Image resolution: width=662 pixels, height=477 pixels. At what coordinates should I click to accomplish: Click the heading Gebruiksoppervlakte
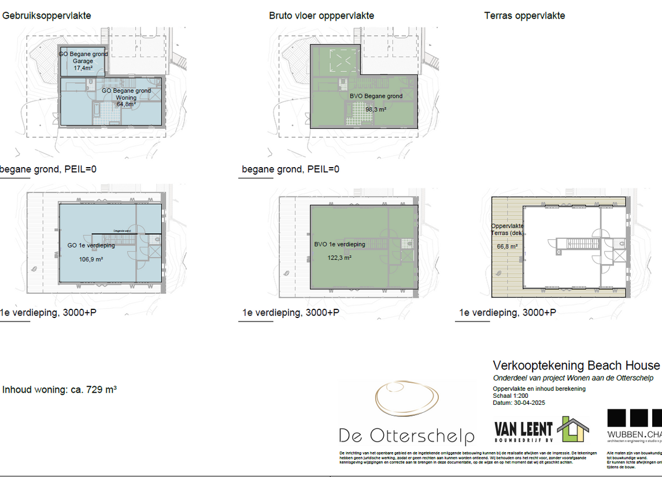click(x=47, y=16)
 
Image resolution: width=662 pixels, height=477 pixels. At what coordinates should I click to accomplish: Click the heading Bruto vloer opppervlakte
click(x=321, y=16)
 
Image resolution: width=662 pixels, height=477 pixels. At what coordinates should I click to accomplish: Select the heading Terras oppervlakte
click(x=524, y=16)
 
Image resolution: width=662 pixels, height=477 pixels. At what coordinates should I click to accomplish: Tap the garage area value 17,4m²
click(x=83, y=68)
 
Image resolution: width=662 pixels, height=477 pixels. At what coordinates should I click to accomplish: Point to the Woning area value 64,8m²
click(x=127, y=105)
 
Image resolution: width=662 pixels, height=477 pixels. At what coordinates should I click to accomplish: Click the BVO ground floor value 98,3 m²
click(x=376, y=109)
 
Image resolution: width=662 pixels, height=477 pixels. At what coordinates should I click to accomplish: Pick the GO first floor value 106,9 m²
click(x=91, y=260)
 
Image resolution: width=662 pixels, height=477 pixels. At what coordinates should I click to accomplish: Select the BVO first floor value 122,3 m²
click(x=340, y=258)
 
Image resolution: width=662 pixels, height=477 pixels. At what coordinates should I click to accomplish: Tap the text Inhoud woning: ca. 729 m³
click(x=60, y=390)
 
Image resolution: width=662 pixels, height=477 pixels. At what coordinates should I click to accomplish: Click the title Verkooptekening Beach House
click(x=576, y=365)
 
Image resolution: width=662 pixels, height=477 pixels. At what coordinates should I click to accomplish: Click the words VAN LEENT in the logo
click(x=523, y=428)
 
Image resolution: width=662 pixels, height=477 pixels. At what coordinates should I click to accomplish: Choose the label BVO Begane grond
click(x=376, y=96)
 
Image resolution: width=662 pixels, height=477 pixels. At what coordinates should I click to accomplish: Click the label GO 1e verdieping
click(x=91, y=245)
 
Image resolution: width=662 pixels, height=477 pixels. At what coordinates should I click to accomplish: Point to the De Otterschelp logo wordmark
click(x=406, y=436)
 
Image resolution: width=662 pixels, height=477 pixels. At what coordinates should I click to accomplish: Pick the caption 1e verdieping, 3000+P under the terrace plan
click(x=508, y=313)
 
